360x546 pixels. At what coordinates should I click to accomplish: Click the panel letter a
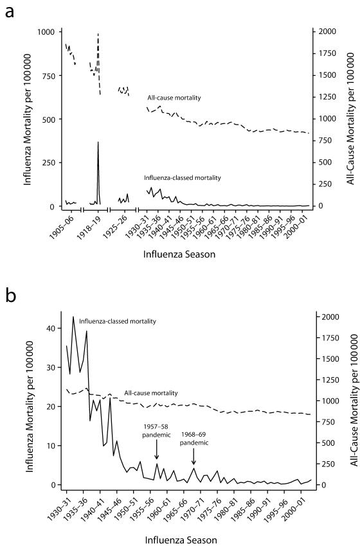[x=10, y=12]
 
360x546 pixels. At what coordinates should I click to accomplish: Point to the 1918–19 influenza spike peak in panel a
[x=98, y=142]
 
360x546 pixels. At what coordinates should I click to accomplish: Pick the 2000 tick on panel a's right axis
[x=324, y=31]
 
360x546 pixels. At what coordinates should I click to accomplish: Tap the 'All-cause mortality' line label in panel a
[x=174, y=98]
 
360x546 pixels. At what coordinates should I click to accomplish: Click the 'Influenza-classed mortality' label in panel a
[x=183, y=177]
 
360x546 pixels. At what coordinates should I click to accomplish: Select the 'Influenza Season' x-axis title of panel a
[x=179, y=254]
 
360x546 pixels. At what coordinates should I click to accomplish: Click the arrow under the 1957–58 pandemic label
[x=156, y=449]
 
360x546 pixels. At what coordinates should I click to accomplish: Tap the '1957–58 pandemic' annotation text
[x=156, y=431]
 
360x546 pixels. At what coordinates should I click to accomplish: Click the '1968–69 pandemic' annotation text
[x=194, y=439]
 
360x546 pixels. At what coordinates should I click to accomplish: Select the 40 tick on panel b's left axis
[x=55, y=328]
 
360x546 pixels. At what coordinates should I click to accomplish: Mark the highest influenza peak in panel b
[x=73, y=317]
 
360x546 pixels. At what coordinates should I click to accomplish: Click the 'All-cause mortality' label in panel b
[x=151, y=393]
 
